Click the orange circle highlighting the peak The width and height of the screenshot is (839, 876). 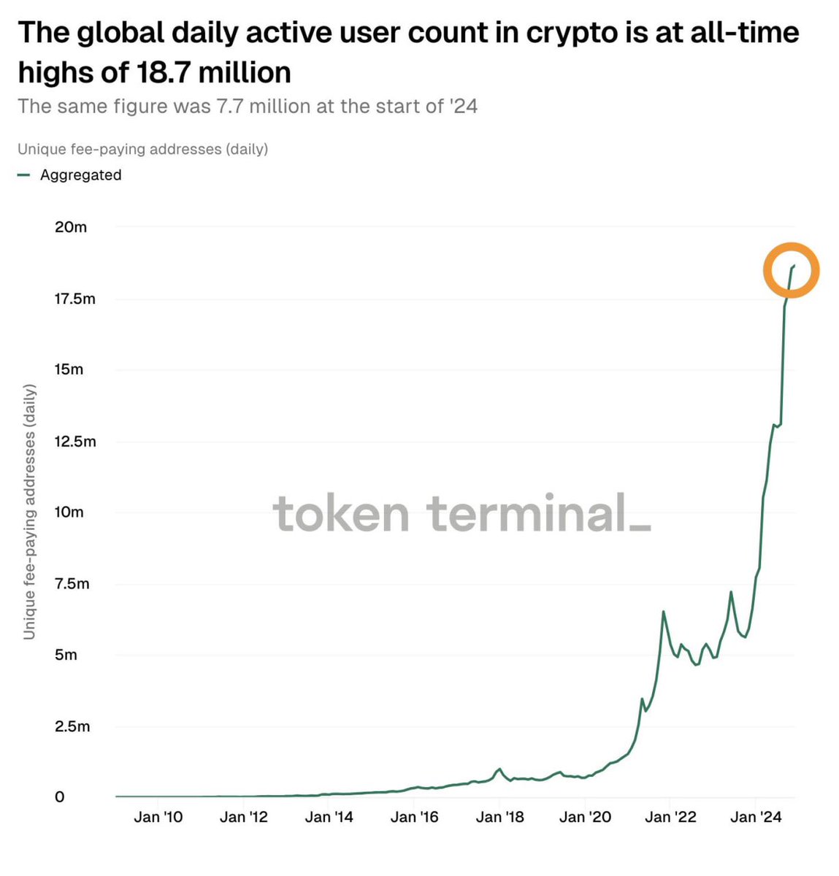point(792,270)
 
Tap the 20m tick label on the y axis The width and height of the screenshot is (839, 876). point(71,227)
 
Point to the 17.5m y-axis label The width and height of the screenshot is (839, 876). point(74,299)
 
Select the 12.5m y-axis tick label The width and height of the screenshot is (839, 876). point(74,442)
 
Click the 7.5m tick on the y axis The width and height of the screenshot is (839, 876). point(72,584)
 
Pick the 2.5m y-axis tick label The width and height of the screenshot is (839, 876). point(72,726)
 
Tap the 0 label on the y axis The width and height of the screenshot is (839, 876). point(60,797)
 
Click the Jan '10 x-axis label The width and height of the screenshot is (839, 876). point(158,817)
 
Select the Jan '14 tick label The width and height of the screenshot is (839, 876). point(329,817)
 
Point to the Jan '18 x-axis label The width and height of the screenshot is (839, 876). point(499,817)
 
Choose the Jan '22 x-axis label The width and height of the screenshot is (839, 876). point(670,817)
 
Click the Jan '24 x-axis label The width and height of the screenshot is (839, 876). point(756,817)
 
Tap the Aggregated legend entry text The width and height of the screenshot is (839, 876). point(80,175)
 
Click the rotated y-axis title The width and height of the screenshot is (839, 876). point(29,511)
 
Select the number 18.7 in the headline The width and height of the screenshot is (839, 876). point(164,73)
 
